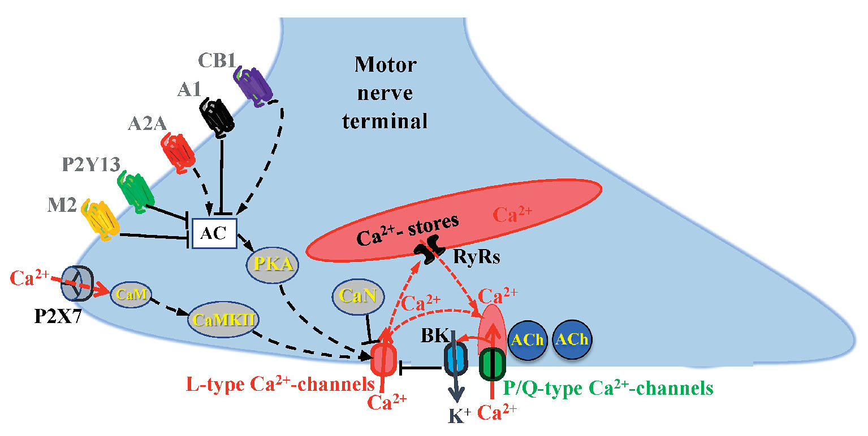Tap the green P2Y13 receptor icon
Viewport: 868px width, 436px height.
pyautogui.click(x=133, y=191)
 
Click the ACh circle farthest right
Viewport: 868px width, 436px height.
pyautogui.click(x=571, y=339)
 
